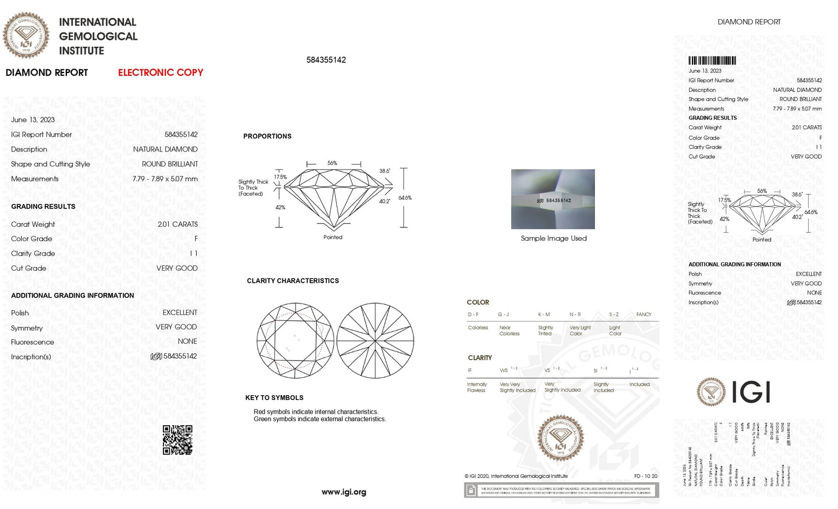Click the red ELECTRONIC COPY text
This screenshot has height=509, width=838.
[160, 72]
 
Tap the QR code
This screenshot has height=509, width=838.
[178, 440]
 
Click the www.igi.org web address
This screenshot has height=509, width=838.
[344, 492]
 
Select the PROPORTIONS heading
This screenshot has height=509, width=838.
[268, 137]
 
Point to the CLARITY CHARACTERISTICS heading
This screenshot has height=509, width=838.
[293, 281]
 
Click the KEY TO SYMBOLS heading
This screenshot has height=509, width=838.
[274, 398]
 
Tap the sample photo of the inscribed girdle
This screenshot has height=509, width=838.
[552, 199]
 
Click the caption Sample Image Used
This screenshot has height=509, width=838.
[554, 238]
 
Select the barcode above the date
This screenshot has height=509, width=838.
[712, 60]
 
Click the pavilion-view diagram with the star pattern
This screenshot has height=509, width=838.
[375, 340]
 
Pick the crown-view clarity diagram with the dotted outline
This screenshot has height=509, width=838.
[295, 340]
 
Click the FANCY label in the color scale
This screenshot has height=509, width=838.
[643, 314]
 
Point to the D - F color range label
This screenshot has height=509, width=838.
[473, 314]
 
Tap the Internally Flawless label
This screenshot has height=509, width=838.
[477, 387]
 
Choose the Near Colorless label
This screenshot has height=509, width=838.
[509, 331]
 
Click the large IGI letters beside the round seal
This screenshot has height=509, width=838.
[751, 392]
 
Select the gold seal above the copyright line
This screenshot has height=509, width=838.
[561, 438]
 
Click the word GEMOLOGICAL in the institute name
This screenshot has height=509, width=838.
[98, 37]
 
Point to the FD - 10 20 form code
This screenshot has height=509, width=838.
[646, 476]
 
